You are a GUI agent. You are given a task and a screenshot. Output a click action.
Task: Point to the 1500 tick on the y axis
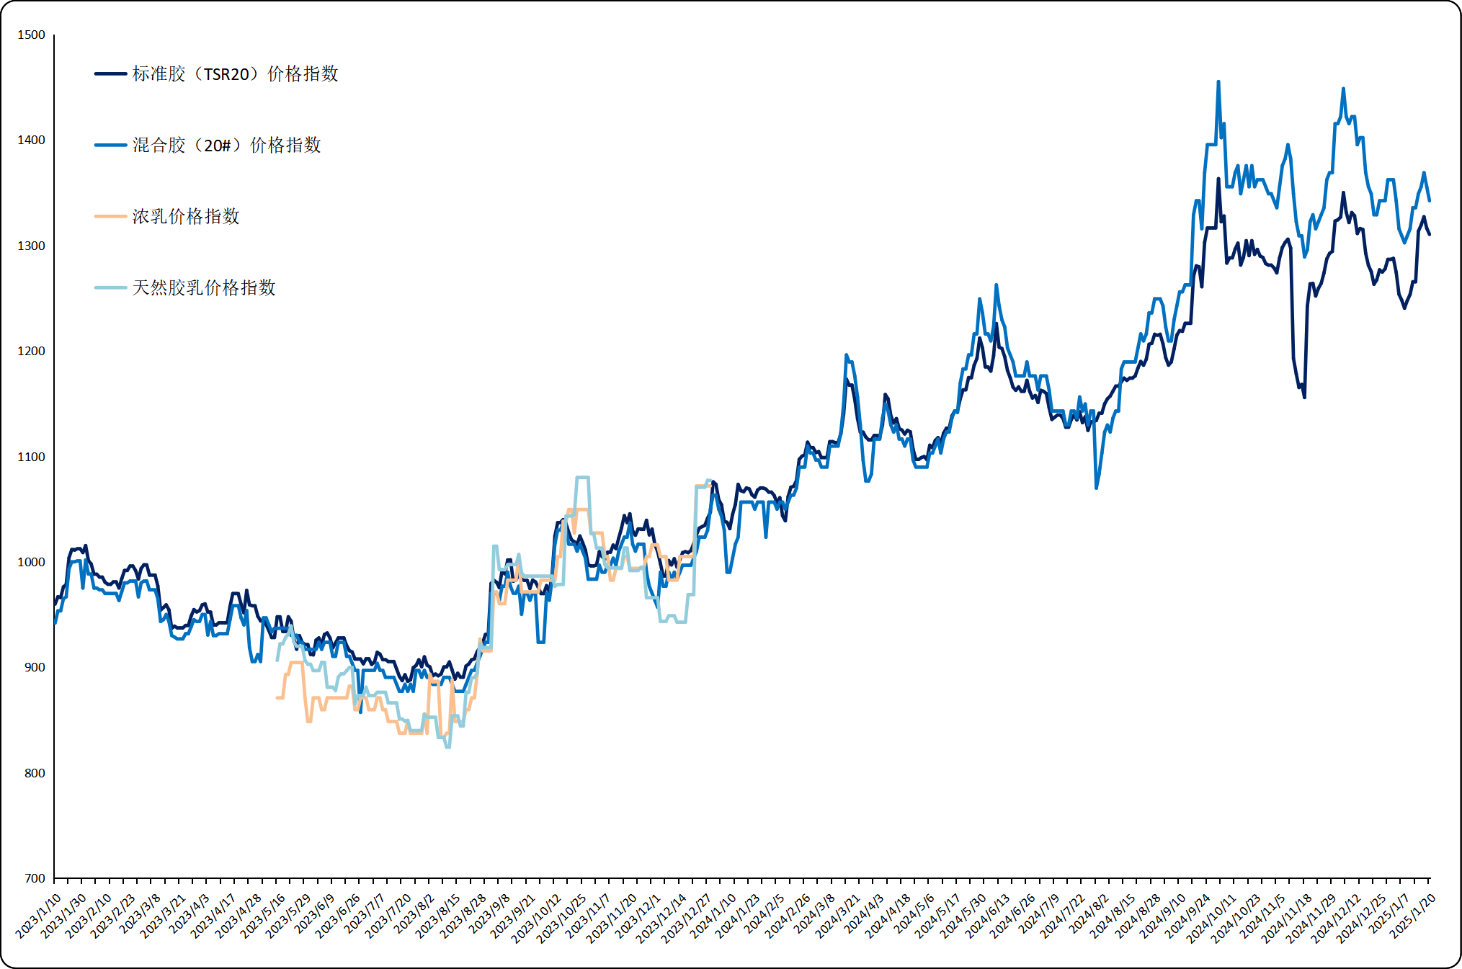tap(31, 35)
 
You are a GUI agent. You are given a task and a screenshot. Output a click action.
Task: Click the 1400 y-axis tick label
tap(31, 140)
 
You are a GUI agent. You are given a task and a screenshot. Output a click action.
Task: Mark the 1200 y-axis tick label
tap(31, 351)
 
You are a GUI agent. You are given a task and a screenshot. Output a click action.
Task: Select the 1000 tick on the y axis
tap(31, 562)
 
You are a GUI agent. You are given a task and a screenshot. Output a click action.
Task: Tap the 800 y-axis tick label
tap(34, 773)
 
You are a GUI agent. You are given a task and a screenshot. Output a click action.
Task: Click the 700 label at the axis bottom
tap(34, 878)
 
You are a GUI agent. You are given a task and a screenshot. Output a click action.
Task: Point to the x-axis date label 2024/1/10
tap(714, 916)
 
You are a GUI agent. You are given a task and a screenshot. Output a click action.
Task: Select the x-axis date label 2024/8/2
tap(1089, 916)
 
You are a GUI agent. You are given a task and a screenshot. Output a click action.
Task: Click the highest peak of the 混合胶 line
tap(1218, 82)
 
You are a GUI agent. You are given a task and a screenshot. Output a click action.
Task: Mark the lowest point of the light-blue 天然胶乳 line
tap(448, 747)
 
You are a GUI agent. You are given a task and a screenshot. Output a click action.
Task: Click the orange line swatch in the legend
tap(110, 217)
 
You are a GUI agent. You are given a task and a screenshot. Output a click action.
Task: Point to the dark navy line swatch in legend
tap(110, 74)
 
